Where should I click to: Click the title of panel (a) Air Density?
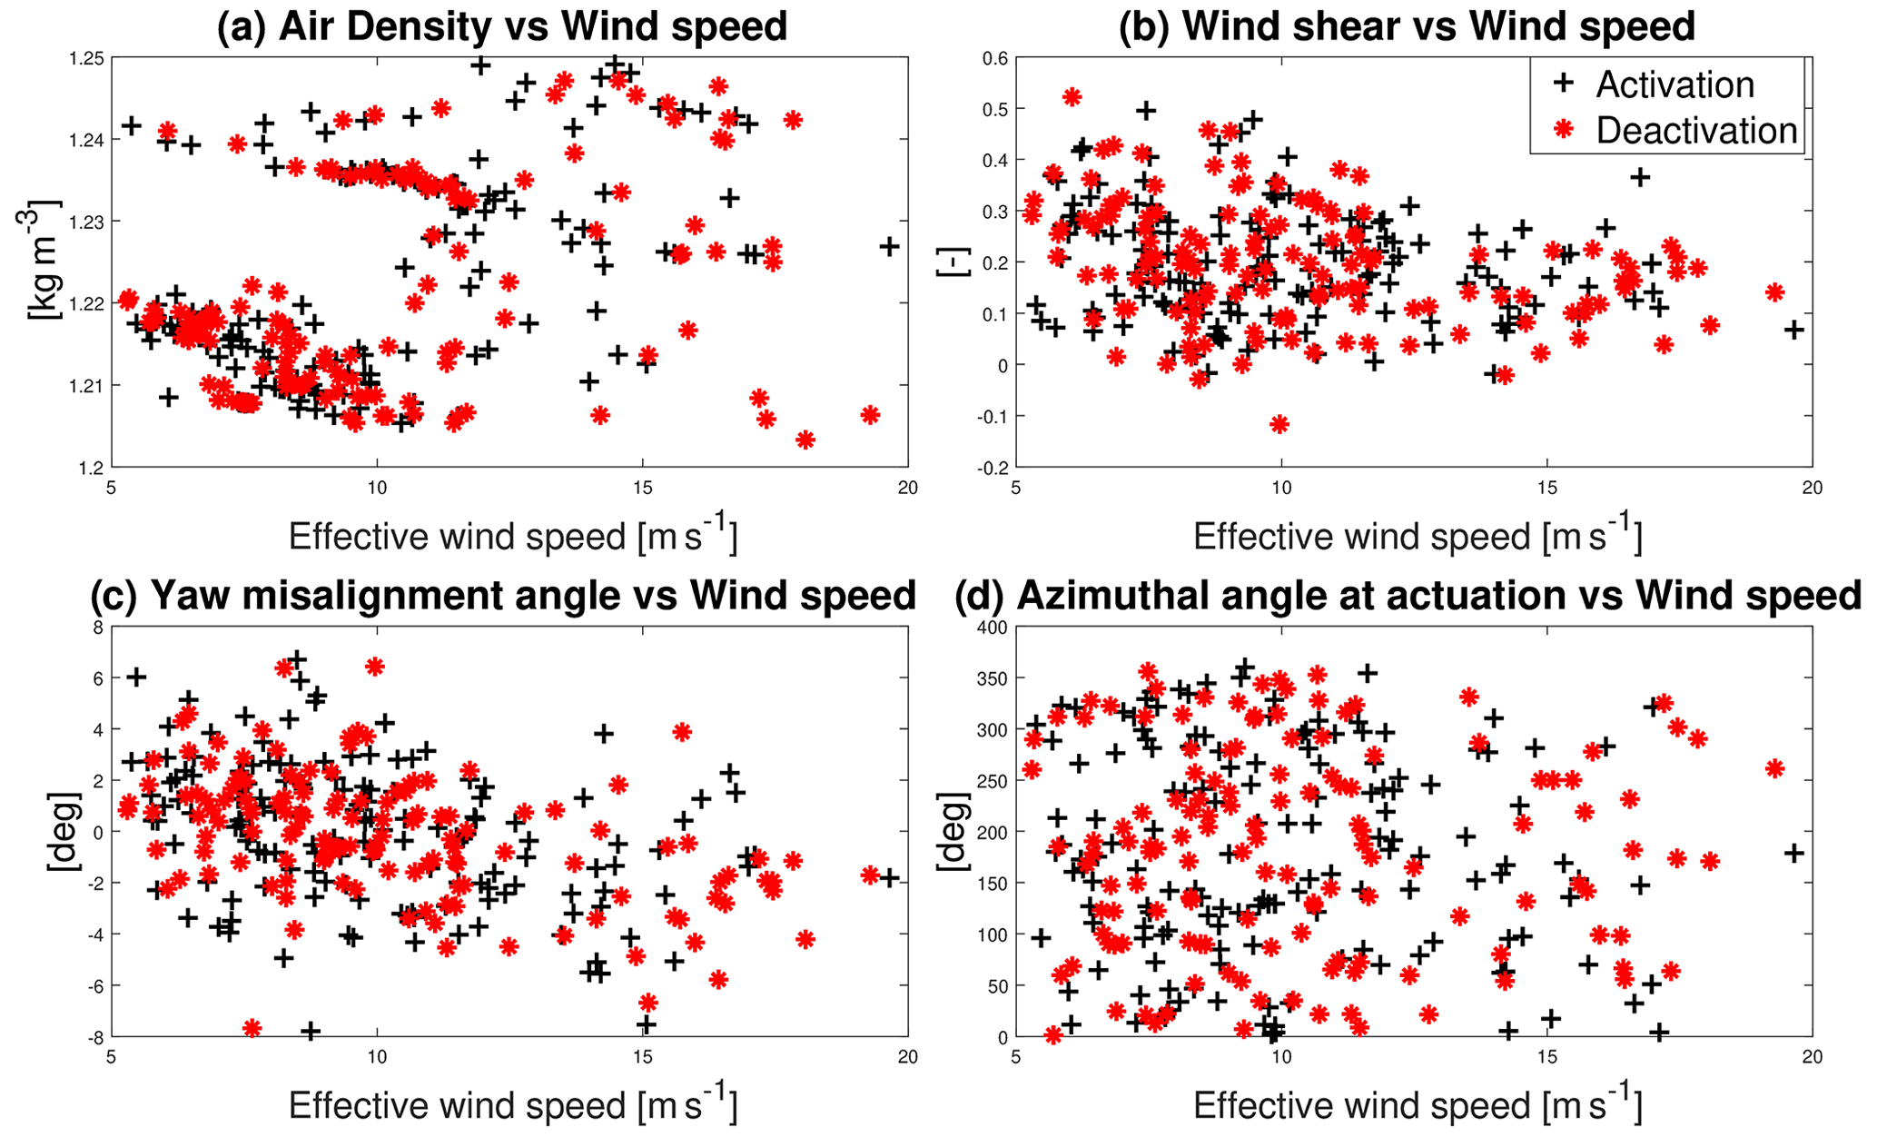point(501,26)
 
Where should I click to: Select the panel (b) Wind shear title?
point(1407,26)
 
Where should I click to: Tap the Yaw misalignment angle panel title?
point(503,596)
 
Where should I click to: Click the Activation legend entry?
point(1674,84)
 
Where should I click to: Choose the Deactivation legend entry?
point(1695,131)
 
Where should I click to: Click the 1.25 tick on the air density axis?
point(87,58)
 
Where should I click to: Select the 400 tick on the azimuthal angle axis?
point(990,628)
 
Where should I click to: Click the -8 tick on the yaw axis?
point(94,1036)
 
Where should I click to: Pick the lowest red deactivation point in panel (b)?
point(1279,424)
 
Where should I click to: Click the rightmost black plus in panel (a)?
point(889,246)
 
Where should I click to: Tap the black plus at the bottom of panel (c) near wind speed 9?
point(311,1031)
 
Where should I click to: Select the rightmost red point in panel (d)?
point(1774,768)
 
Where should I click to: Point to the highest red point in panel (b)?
point(1072,96)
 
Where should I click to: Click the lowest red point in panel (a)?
point(805,440)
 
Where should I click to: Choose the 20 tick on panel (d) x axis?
point(1812,1056)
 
